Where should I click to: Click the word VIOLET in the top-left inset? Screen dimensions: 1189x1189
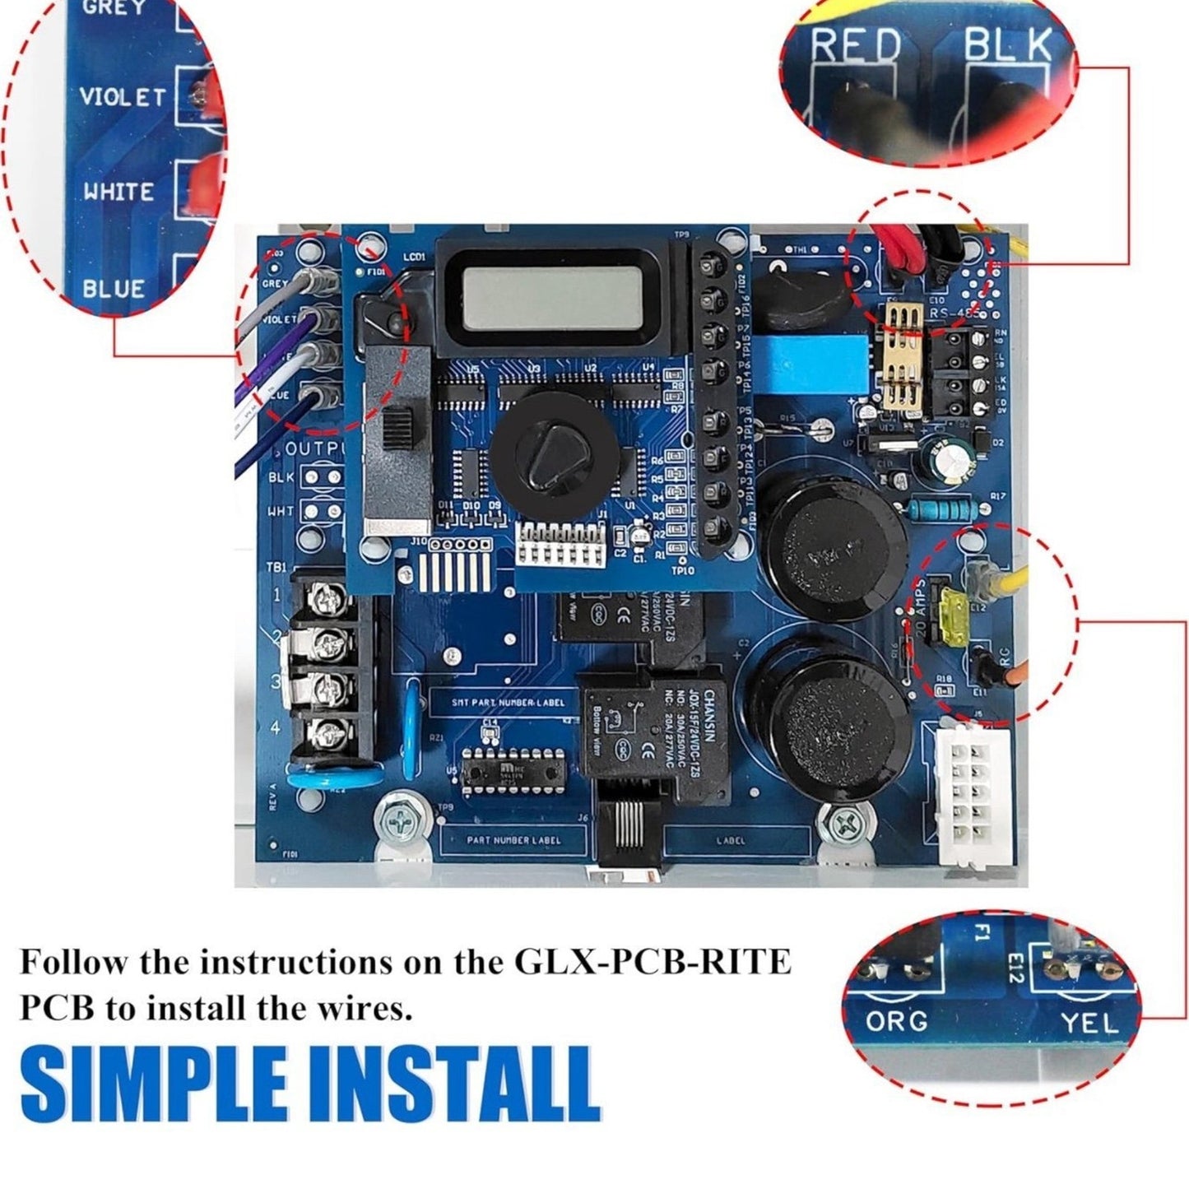(123, 98)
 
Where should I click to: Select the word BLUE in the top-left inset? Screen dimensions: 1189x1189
(114, 288)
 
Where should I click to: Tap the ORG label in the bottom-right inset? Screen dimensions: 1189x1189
(896, 1021)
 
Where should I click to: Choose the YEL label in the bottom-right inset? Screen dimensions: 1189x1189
(1089, 1023)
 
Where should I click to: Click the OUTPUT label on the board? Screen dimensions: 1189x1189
(317, 449)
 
